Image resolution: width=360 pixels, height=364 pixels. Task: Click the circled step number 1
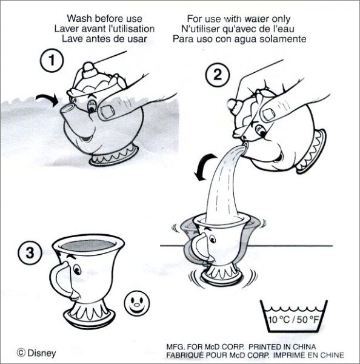click(x=52, y=60)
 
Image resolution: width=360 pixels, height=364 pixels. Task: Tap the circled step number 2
click(x=218, y=75)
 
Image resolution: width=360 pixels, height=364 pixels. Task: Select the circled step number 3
click(x=30, y=252)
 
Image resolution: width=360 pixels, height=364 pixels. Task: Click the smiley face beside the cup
click(x=137, y=303)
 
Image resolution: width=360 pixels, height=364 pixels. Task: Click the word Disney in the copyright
click(x=42, y=353)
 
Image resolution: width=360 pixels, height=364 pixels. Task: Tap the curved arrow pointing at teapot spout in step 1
click(x=47, y=99)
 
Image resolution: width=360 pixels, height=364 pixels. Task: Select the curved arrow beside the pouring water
click(x=204, y=166)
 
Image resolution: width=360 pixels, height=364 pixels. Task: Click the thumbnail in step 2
click(x=268, y=115)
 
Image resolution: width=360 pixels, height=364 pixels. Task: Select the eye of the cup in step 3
click(x=77, y=270)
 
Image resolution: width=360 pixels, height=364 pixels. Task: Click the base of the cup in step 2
click(x=222, y=275)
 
